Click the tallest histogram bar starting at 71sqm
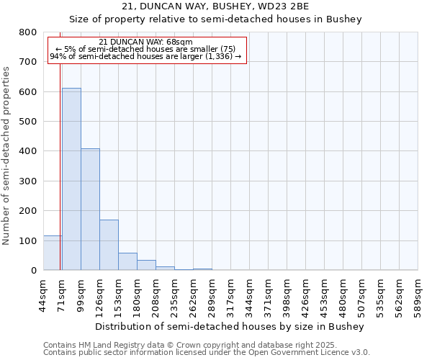tap(71, 179)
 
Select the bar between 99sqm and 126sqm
tap(90, 210)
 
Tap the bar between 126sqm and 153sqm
tap(109, 245)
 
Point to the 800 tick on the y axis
tap(28, 32)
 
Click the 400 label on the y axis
tap(28, 151)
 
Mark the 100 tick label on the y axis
tap(28, 240)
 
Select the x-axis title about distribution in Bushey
tap(230, 326)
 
